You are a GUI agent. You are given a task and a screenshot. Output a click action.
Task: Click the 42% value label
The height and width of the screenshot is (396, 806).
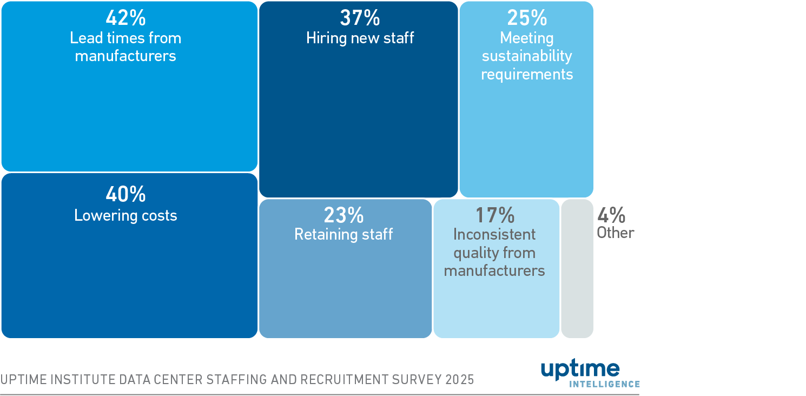pos(125,18)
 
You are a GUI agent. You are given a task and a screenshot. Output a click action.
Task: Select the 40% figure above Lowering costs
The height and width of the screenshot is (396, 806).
pos(125,194)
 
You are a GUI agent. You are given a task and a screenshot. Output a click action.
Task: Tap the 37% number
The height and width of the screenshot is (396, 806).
pos(360,18)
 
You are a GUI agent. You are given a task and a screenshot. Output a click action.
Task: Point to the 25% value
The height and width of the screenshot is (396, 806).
pos(526,18)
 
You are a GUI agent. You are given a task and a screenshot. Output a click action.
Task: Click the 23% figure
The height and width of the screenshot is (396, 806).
pos(343,215)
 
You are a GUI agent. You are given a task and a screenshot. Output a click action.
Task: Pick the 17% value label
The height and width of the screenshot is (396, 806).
pos(494,215)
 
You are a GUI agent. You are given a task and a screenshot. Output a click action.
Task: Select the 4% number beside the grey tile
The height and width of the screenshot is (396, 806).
pos(611,215)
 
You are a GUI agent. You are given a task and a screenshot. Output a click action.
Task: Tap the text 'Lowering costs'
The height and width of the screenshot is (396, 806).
pos(125,215)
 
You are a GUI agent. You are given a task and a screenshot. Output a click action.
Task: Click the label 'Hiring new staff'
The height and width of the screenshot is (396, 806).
pos(360,38)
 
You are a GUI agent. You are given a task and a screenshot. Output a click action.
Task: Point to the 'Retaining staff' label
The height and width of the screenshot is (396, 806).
pos(343,234)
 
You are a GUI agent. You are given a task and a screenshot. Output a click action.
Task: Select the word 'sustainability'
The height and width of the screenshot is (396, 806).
pos(527,56)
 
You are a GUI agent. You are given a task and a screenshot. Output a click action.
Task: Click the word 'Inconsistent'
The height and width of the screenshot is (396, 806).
pos(494,234)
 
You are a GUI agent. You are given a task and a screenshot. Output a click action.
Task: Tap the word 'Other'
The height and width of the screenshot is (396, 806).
pos(616,233)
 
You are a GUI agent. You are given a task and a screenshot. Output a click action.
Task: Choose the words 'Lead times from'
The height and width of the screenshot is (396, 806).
pos(125,38)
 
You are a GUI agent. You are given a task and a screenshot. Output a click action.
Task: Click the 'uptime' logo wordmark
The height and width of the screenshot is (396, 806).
pos(580,369)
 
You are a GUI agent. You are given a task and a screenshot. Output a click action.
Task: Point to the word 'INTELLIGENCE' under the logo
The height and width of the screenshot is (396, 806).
pos(604,384)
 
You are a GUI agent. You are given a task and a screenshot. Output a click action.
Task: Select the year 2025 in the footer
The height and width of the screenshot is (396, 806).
pos(460,380)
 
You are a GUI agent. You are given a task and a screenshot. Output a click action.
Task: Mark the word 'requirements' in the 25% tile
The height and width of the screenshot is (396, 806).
pos(527,74)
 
